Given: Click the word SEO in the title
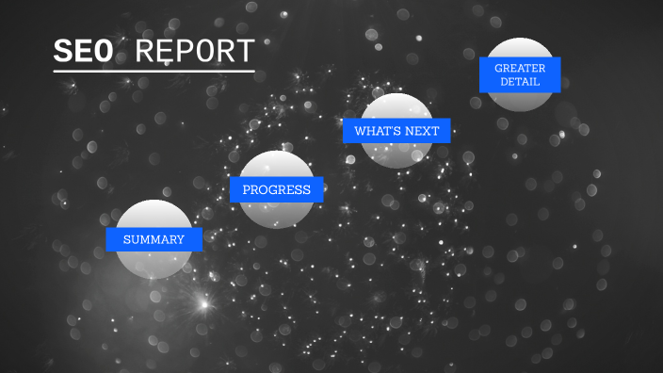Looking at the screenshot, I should coord(84,52).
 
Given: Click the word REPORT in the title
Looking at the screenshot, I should coord(195,52).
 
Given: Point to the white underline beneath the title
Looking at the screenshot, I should coord(154,71).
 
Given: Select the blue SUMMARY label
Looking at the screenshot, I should coord(154,239).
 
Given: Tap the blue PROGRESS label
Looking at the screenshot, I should coord(276,189).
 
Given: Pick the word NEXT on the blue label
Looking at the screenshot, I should coord(422,131).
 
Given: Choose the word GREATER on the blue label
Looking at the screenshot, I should coord(520,68).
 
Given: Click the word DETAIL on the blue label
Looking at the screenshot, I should coord(520,82).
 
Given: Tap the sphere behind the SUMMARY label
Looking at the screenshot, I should coord(154,264).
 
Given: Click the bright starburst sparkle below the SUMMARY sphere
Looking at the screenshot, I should coord(201,303).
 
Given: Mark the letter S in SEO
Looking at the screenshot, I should coord(63,52).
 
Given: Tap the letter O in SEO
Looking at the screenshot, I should coord(105,52).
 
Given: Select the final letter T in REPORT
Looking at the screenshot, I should coord(246,52).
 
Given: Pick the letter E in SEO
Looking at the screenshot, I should coord(84,52).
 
